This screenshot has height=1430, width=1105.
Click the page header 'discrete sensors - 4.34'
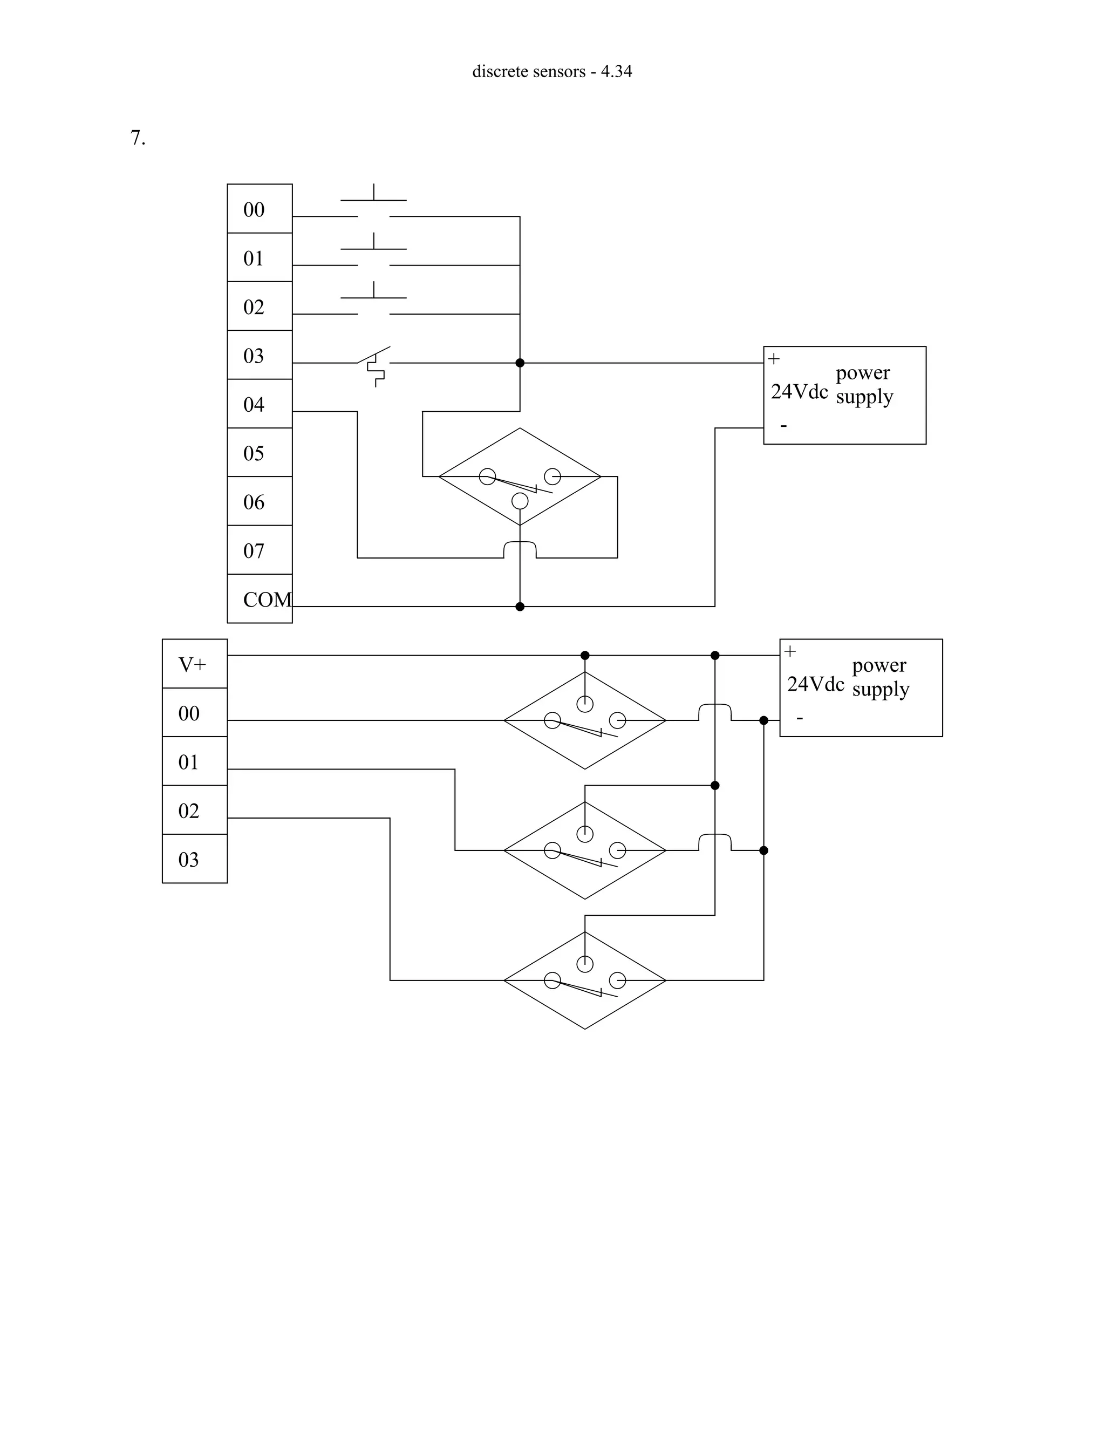pyautogui.click(x=552, y=71)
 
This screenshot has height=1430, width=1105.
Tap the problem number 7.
pyautogui.click(x=138, y=138)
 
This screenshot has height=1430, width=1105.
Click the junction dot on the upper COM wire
pyautogui.click(x=520, y=607)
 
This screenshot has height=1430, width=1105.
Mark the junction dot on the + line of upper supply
pyautogui.click(x=520, y=363)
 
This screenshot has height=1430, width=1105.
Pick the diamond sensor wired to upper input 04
pyautogui.click(x=520, y=476)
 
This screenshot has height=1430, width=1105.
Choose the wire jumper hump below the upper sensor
pyautogui.click(x=520, y=549)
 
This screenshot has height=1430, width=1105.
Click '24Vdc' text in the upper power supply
pyautogui.click(x=799, y=392)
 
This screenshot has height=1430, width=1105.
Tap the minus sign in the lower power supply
pyautogui.click(x=799, y=718)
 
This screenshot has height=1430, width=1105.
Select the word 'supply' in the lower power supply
pyautogui.click(x=881, y=689)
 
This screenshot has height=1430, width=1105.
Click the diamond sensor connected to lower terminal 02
pyautogui.click(x=584, y=980)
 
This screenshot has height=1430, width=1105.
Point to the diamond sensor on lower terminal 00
pyautogui.click(x=584, y=720)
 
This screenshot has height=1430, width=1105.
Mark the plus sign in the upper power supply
pyautogui.click(x=774, y=359)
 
